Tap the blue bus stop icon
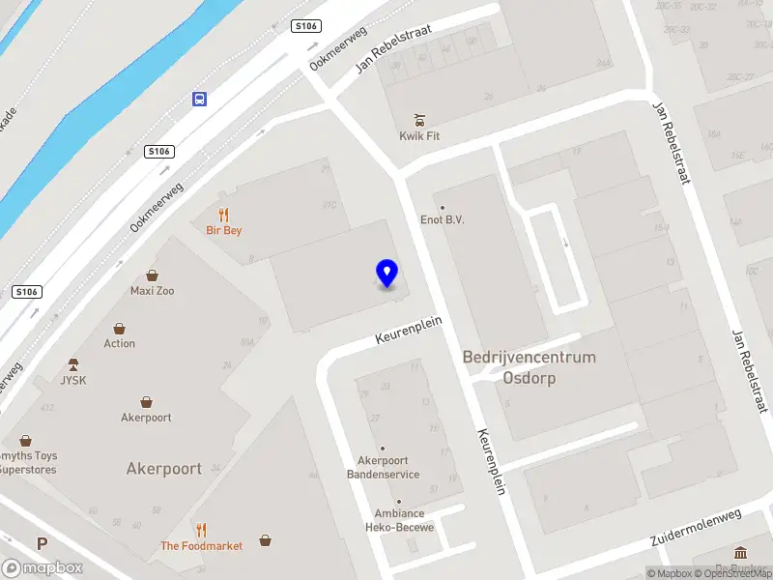point(199,99)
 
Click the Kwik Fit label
point(419,136)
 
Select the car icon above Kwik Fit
point(419,120)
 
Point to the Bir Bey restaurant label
point(224,230)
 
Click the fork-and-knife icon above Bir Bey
point(224,215)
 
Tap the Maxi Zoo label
point(153,290)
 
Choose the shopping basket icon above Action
point(120,329)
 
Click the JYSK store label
point(73,380)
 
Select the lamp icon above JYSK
point(73,364)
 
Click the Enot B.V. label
point(443,219)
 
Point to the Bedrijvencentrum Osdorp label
point(530,367)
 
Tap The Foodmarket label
point(201,546)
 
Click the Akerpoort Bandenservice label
point(383,468)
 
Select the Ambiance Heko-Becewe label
point(399,520)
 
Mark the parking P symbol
point(42,544)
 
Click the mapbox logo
point(42,568)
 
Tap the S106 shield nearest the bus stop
point(159,151)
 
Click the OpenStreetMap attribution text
point(726,574)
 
